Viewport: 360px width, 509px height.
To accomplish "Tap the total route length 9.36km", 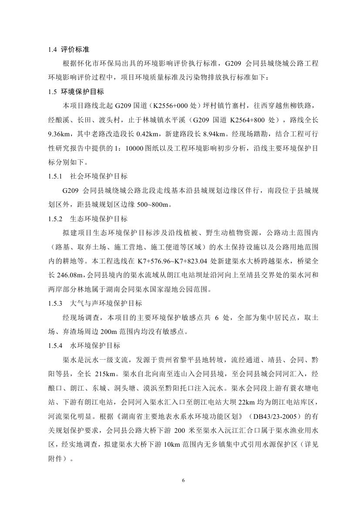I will click(59, 134).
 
